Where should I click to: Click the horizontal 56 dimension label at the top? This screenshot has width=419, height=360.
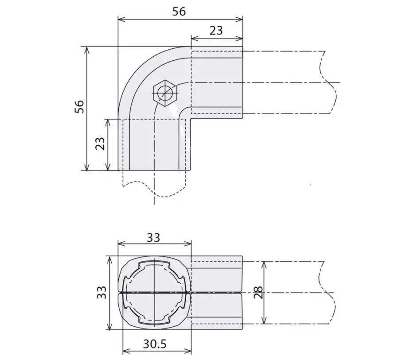(179, 11)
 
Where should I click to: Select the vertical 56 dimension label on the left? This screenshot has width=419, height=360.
(79, 107)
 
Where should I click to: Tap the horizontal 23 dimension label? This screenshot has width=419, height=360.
(216, 31)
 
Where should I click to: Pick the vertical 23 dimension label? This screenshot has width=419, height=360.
(100, 144)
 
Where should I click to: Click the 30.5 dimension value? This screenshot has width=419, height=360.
(155, 344)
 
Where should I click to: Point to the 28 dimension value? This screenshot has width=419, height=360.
(258, 293)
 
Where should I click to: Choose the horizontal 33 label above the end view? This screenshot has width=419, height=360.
(153, 237)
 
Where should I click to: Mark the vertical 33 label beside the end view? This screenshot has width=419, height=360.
(102, 293)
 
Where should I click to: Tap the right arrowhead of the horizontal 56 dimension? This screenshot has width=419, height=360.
(240, 19)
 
